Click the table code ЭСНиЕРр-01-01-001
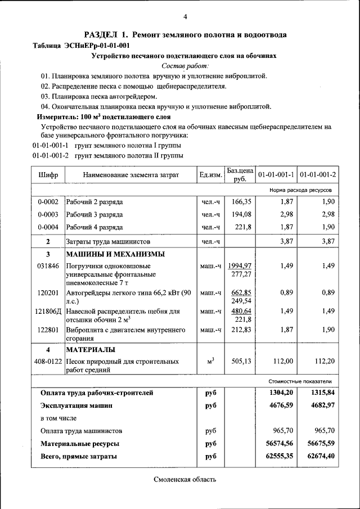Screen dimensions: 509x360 102,46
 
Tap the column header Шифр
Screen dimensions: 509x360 48,175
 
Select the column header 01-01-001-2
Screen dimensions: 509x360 318,175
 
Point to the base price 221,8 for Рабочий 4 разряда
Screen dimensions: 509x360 242,227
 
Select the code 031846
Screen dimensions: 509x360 48,266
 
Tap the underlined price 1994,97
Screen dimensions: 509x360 240,265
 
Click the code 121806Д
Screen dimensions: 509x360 48,311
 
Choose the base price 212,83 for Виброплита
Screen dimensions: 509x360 241,330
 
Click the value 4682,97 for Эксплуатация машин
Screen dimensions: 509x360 322,405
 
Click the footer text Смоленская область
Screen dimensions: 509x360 184,479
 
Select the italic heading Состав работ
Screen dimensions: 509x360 184,66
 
